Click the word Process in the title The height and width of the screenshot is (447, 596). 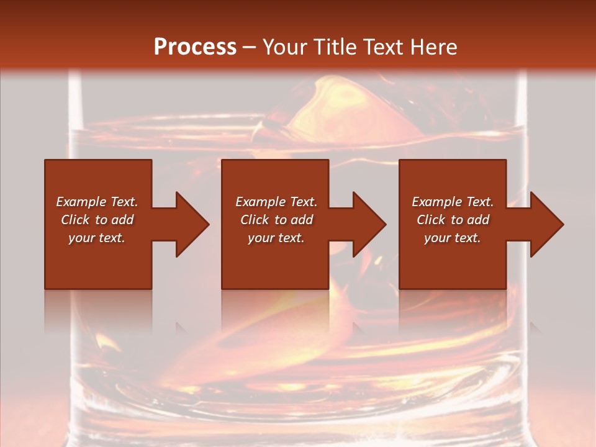pyautogui.click(x=195, y=47)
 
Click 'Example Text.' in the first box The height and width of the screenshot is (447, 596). pyautogui.click(x=97, y=202)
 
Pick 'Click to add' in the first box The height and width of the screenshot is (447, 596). pyautogui.click(x=97, y=220)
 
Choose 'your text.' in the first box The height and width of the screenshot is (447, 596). pyautogui.click(x=97, y=238)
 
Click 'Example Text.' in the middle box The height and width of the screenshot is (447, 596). pyautogui.click(x=276, y=202)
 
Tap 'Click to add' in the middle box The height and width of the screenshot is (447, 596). pyautogui.click(x=276, y=220)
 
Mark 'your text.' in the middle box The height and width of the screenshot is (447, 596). pyautogui.click(x=276, y=238)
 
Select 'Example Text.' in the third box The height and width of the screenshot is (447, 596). pyautogui.click(x=453, y=202)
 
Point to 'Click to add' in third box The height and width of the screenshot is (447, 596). pyautogui.click(x=453, y=220)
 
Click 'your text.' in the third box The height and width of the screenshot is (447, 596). pyautogui.click(x=453, y=238)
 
